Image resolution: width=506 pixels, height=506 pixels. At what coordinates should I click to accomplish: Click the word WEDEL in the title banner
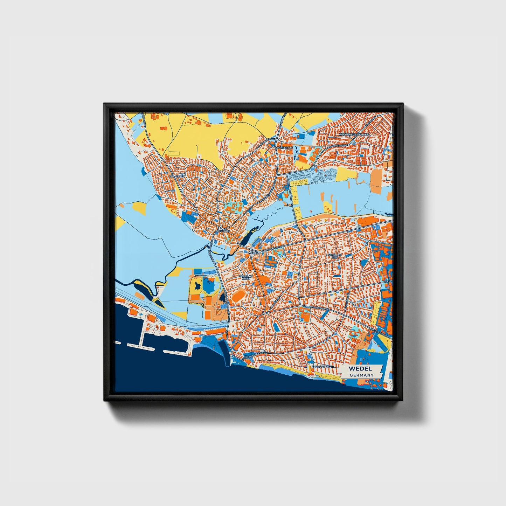[x=360, y=369]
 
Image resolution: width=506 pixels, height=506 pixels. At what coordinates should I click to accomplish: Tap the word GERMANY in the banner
[x=361, y=375]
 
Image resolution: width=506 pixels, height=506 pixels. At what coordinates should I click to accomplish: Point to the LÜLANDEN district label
[x=176, y=176]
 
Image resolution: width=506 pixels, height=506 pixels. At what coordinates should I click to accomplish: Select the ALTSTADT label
[x=223, y=231]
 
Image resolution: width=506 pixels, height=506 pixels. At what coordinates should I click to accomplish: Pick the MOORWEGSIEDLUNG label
[x=354, y=134]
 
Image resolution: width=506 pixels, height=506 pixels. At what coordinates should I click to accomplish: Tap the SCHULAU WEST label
[x=245, y=277]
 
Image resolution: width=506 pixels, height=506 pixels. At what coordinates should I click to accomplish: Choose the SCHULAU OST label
[x=334, y=256]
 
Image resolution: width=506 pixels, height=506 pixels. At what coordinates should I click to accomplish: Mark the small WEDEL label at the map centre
[x=252, y=252]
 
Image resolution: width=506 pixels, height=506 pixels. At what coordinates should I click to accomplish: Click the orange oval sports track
[x=238, y=297]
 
